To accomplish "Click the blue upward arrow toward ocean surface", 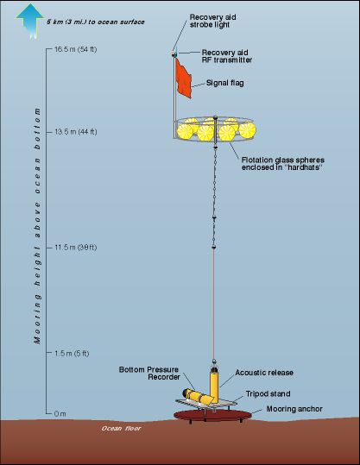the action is [29, 21].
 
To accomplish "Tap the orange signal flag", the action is [183, 79].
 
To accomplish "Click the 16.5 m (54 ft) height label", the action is [76, 49].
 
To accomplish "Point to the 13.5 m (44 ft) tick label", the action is [76, 132].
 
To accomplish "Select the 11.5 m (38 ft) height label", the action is [76, 248].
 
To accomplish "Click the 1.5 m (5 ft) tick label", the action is [72, 353].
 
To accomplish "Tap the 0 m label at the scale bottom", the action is [60, 413].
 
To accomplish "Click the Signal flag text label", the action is [225, 83].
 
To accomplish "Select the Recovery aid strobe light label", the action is [212, 21].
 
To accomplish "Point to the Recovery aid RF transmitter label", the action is [227, 56].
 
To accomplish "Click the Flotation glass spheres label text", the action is [283, 163].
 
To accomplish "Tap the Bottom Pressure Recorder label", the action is [149, 373].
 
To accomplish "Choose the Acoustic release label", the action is [264, 373].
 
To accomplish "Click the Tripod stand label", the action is [268, 393].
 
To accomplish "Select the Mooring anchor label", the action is [294, 409].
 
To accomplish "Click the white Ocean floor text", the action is [121, 428].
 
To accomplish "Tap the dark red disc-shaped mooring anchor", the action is [212, 415].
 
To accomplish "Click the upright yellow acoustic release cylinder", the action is [214, 386].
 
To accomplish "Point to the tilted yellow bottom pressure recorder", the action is [198, 398].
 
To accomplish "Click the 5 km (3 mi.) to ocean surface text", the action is [96, 22].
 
